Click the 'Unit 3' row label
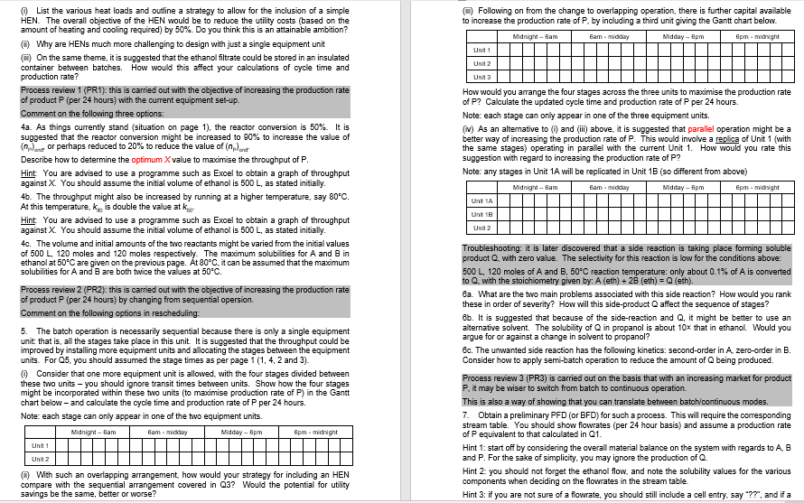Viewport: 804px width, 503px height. (x=481, y=76)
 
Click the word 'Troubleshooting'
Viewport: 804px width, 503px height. (x=492, y=247)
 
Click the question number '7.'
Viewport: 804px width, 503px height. (x=466, y=413)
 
